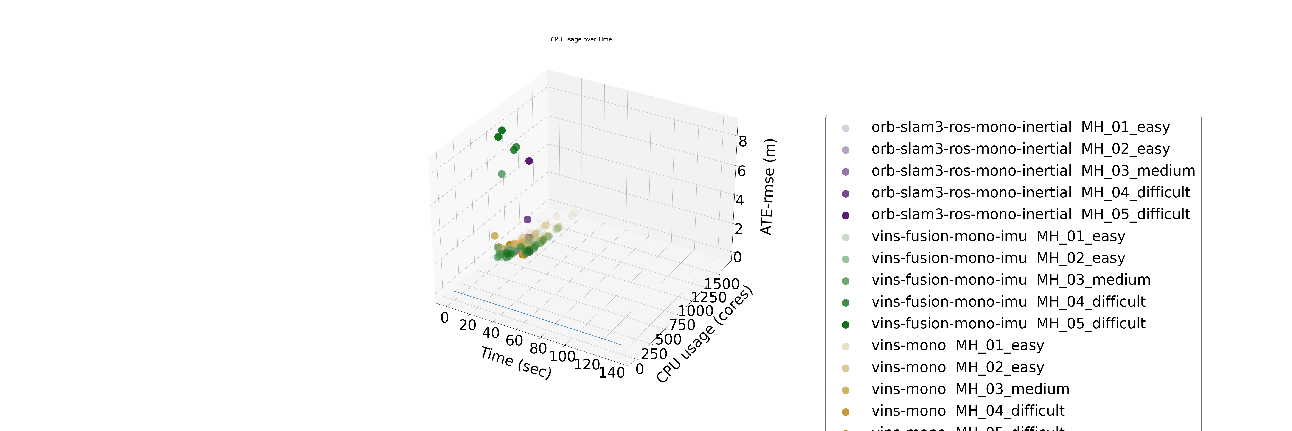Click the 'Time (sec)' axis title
click(516, 362)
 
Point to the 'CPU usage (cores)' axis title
click(704, 335)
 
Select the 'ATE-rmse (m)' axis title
click(768, 187)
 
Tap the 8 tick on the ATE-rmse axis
click(742, 142)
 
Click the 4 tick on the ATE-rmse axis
click(740, 200)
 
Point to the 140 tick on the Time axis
click(612, 372)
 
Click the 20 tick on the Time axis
click(467, 325)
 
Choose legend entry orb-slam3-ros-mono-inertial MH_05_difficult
click(1030, 214)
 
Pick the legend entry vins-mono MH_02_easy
click(957, 367)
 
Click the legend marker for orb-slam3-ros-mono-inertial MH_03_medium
click(846, 172)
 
